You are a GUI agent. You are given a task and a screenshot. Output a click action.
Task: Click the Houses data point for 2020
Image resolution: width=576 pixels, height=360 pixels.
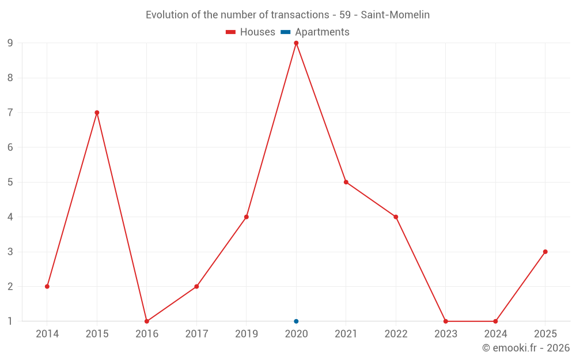click(296, 43)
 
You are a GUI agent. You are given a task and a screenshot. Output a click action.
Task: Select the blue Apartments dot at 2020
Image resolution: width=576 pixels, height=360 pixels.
click(296, 321)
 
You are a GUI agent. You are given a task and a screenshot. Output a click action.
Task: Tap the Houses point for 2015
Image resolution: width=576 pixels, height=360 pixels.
click(97, 113)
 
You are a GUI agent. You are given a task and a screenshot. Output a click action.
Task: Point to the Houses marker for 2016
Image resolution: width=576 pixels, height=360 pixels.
click(147, 321)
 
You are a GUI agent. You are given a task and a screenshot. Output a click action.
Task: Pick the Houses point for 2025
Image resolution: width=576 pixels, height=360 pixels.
click(545, 252)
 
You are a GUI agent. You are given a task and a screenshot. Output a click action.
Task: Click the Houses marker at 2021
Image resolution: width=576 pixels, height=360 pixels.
click(346, 182)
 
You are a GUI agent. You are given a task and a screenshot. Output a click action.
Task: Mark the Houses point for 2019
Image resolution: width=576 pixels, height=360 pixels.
click(247, 217)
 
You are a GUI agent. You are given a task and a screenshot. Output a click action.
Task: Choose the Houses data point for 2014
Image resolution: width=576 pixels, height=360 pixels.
click(47, 286)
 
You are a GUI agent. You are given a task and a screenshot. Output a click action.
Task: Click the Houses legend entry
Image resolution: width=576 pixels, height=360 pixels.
click(251, 32)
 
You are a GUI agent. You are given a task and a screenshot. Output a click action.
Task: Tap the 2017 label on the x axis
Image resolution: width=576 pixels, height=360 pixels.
click(196, 334)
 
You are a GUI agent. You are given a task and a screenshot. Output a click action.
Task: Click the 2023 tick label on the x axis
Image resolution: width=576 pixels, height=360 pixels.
click(446, 334)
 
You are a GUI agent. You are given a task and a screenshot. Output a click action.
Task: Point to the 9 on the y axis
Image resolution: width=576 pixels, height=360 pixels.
click(10, 43)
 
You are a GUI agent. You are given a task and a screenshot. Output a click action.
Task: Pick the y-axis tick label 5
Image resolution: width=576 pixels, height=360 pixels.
click(10, 182)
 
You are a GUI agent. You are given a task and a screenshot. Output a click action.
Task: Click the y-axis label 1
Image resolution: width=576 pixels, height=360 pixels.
click(10, 321)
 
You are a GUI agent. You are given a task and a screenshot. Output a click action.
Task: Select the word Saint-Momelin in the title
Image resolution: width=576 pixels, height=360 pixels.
click(395, 15)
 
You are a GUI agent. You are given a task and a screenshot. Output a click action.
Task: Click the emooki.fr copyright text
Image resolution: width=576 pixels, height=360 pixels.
click(526, 348)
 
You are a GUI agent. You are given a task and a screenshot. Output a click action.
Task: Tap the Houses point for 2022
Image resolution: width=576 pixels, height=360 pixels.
click(396, 217)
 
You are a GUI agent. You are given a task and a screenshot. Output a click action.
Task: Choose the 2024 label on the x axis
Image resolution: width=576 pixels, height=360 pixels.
click(495, 334)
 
